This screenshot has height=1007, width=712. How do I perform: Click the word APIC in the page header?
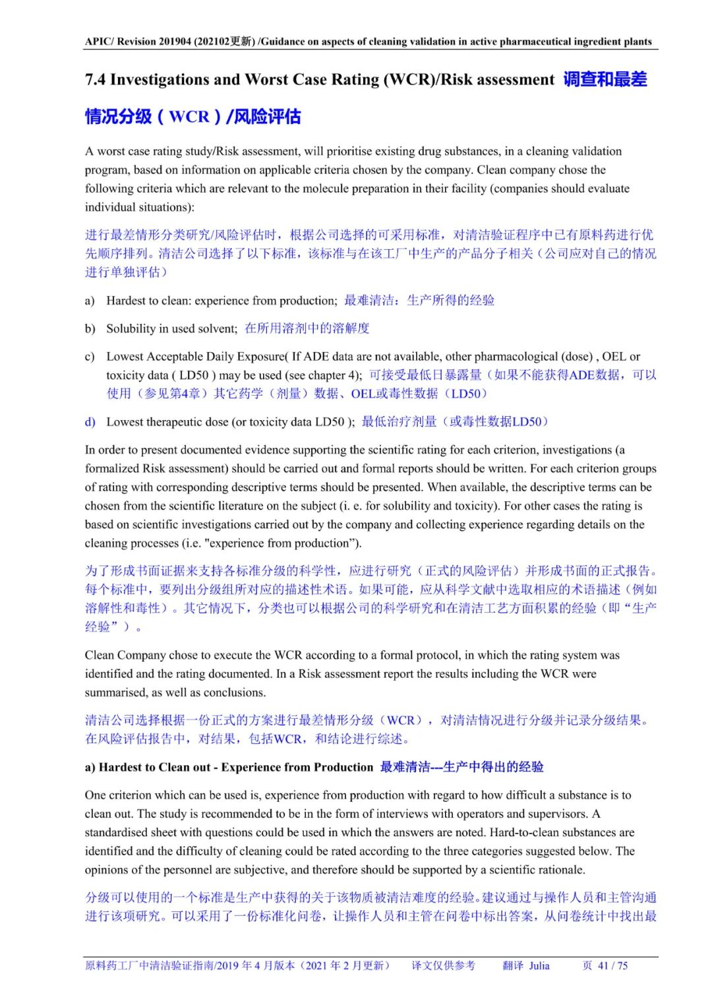98,42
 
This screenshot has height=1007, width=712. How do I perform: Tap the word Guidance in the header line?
282,42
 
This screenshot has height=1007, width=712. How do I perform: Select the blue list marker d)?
90,422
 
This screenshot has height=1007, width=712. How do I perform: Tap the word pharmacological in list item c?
516,357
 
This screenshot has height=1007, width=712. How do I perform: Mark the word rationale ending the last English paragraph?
561,870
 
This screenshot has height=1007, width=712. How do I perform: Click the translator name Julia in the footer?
539,965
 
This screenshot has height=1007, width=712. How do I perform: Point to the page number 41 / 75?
612,965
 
